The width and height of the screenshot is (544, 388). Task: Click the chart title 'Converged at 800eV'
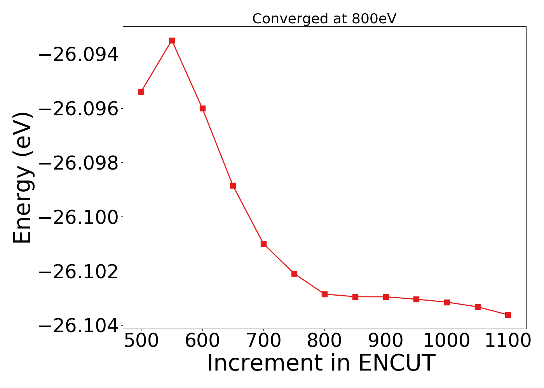(x=324, y=19)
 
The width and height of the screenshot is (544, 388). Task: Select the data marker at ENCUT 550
(x=172, y=40)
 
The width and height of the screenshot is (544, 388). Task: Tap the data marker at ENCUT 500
(x=141, y=92)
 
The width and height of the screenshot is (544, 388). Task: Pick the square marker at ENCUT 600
(x=202, y=108)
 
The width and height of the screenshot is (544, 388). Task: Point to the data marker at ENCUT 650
(x=233, y=185)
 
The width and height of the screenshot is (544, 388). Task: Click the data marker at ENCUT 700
(x=263, y=244)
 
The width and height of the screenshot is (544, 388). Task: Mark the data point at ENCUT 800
(x=324, y=294)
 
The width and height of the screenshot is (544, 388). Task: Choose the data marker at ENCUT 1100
(x=508, y=315)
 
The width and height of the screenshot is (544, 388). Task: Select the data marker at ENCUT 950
(x=416, y=299)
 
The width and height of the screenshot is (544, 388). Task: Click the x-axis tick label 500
(x=141, y=341)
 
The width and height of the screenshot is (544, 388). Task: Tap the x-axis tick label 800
(x=324, y=341)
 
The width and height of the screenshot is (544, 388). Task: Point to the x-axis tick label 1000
(x=447, y=341)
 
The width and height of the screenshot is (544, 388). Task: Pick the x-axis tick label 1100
(x=508, y=341)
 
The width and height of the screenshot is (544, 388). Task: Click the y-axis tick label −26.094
(x=78, y=55)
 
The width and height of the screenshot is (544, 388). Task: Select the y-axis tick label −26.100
(x=78, y=217)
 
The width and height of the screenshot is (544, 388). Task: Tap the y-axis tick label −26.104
(x=78, y=326)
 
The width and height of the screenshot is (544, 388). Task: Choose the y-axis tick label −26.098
(x=78, y=163)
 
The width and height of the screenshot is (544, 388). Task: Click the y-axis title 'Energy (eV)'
(x=22, y=178)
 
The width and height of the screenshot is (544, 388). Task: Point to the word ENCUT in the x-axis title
(x=396, y=364)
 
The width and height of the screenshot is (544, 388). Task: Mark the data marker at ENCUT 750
(x=294, y=274)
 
